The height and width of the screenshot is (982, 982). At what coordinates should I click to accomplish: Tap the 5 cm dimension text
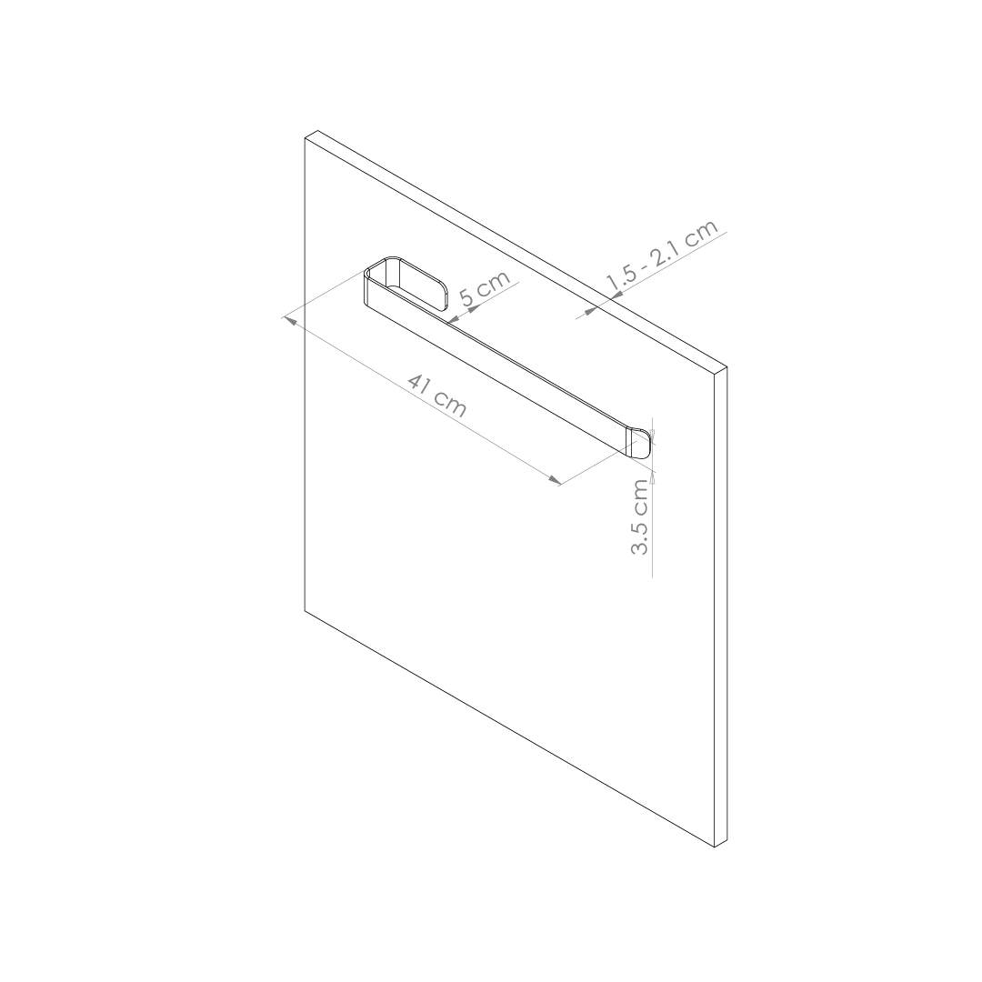[x=485, y=289]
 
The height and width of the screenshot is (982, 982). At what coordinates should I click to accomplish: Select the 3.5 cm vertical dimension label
[x=640, y=517]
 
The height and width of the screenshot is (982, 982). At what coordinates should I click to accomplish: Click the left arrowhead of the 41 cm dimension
[x=290, y=320]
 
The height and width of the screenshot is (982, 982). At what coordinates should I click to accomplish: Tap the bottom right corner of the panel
[x=716, y=847]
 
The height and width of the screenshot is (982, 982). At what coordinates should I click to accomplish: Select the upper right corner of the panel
[x=725, y=368]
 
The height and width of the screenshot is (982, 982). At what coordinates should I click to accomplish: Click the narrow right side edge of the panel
[x=721, y=609]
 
